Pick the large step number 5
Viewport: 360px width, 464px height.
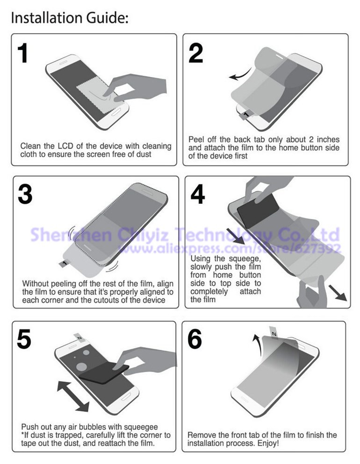tap(24, 339)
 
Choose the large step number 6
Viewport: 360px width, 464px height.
tap(195, 339)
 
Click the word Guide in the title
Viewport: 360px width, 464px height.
tap(107, 18)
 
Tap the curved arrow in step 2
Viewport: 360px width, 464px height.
tap(240, 75)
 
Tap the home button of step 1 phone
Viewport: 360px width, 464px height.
tap(117, 112)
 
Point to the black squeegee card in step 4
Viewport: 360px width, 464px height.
tap(258, 211)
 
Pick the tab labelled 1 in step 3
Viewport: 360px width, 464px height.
tap(64, 264)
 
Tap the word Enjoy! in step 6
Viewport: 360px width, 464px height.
tap(268, 443)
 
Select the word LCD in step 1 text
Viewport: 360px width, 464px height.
tap(66, 146)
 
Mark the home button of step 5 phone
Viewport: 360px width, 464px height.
tap(126, 396)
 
